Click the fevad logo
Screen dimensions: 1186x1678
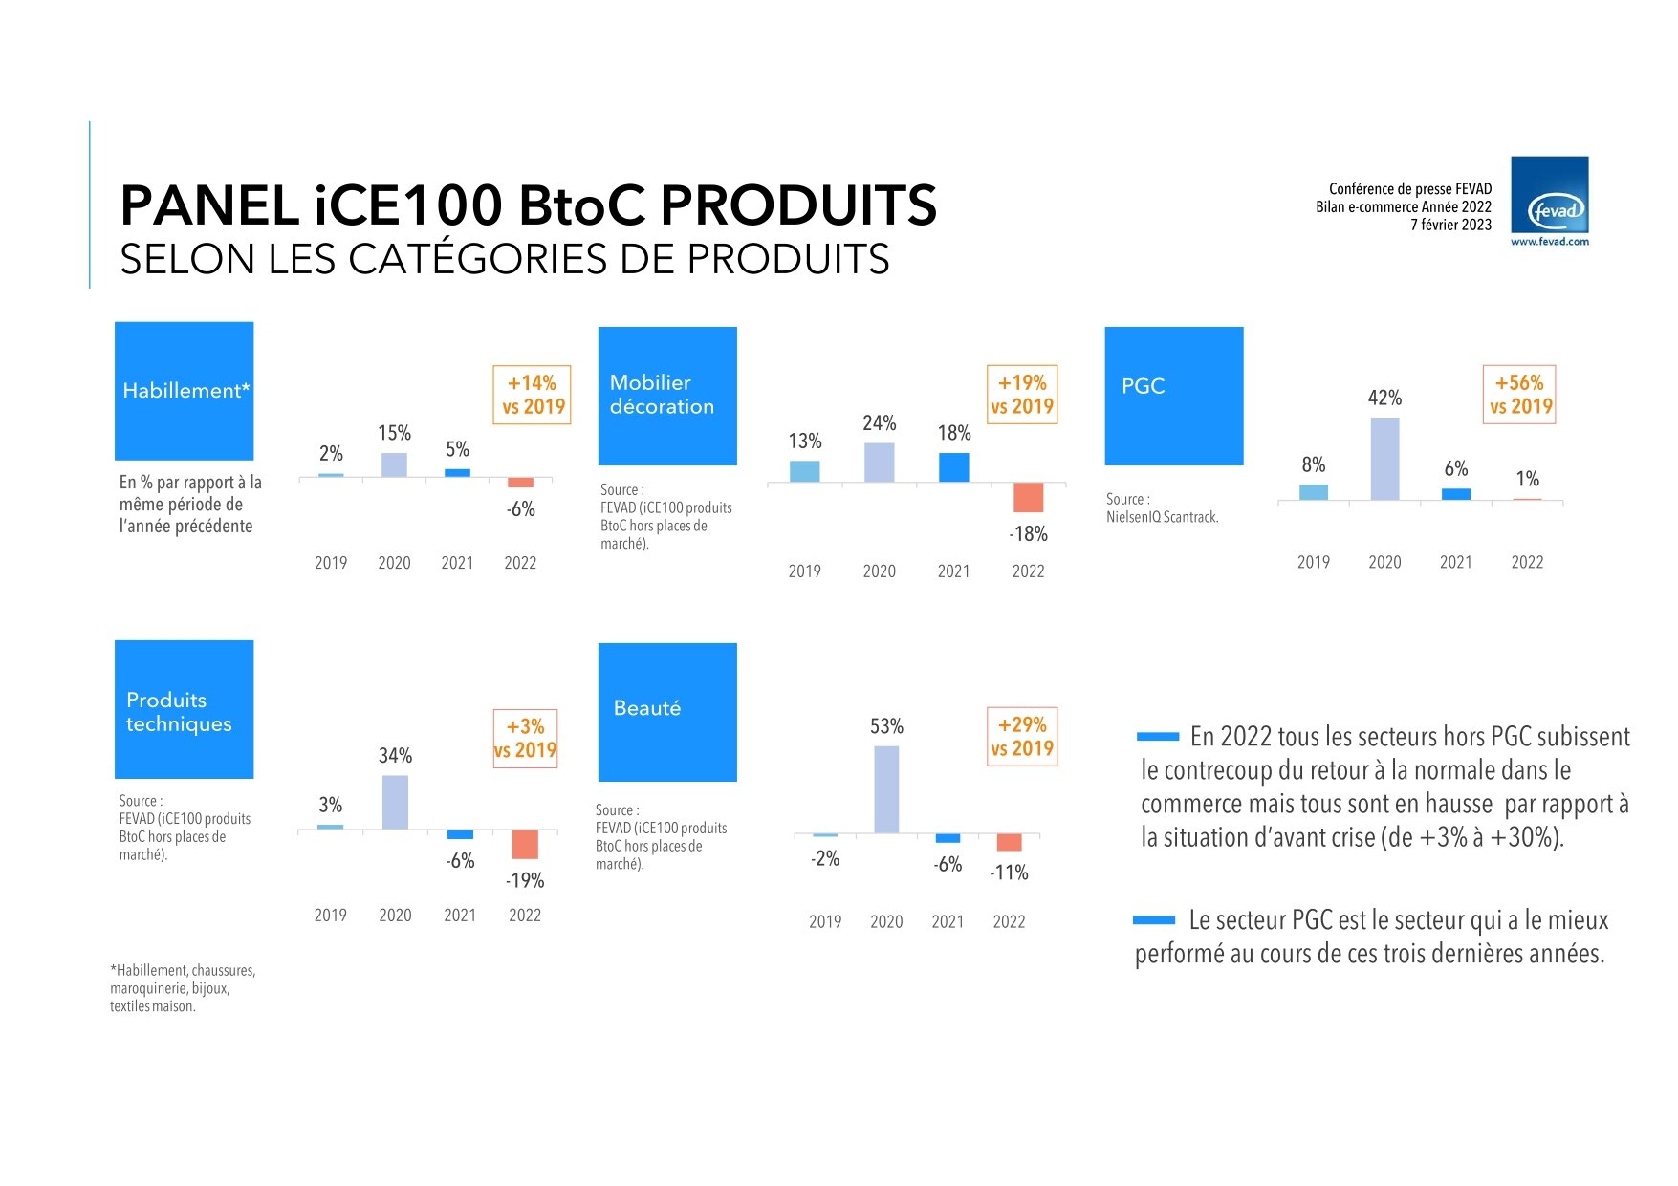point(1549,195)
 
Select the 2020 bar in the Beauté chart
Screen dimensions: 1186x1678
point(886,789)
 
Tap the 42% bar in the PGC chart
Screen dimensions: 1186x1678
point(1384,459)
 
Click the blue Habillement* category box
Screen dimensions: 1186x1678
point(184,391)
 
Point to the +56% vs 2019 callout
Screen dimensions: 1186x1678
point(1519,395)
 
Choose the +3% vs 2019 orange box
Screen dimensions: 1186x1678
point(525,739)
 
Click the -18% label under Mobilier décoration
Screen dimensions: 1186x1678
point(1028,534)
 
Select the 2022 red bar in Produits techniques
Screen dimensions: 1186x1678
point(525,844)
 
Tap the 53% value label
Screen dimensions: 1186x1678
point(886,726)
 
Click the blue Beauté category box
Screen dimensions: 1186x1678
point(667,712)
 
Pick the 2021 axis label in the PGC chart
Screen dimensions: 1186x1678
point(1455,563)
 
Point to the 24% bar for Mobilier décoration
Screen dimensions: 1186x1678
point(879,463)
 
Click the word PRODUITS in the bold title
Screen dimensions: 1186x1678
point(798,205)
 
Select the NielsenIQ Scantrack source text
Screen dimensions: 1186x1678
point(1162,517)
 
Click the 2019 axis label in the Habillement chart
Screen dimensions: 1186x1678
point(331,563)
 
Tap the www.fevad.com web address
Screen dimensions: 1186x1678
point(1549,242)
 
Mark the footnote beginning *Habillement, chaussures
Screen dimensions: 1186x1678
point(183,988)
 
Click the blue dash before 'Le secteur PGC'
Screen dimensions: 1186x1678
point(1153,920)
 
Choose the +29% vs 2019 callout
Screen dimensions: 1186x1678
point(1022,737)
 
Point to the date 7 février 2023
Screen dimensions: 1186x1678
point(1450,225)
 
